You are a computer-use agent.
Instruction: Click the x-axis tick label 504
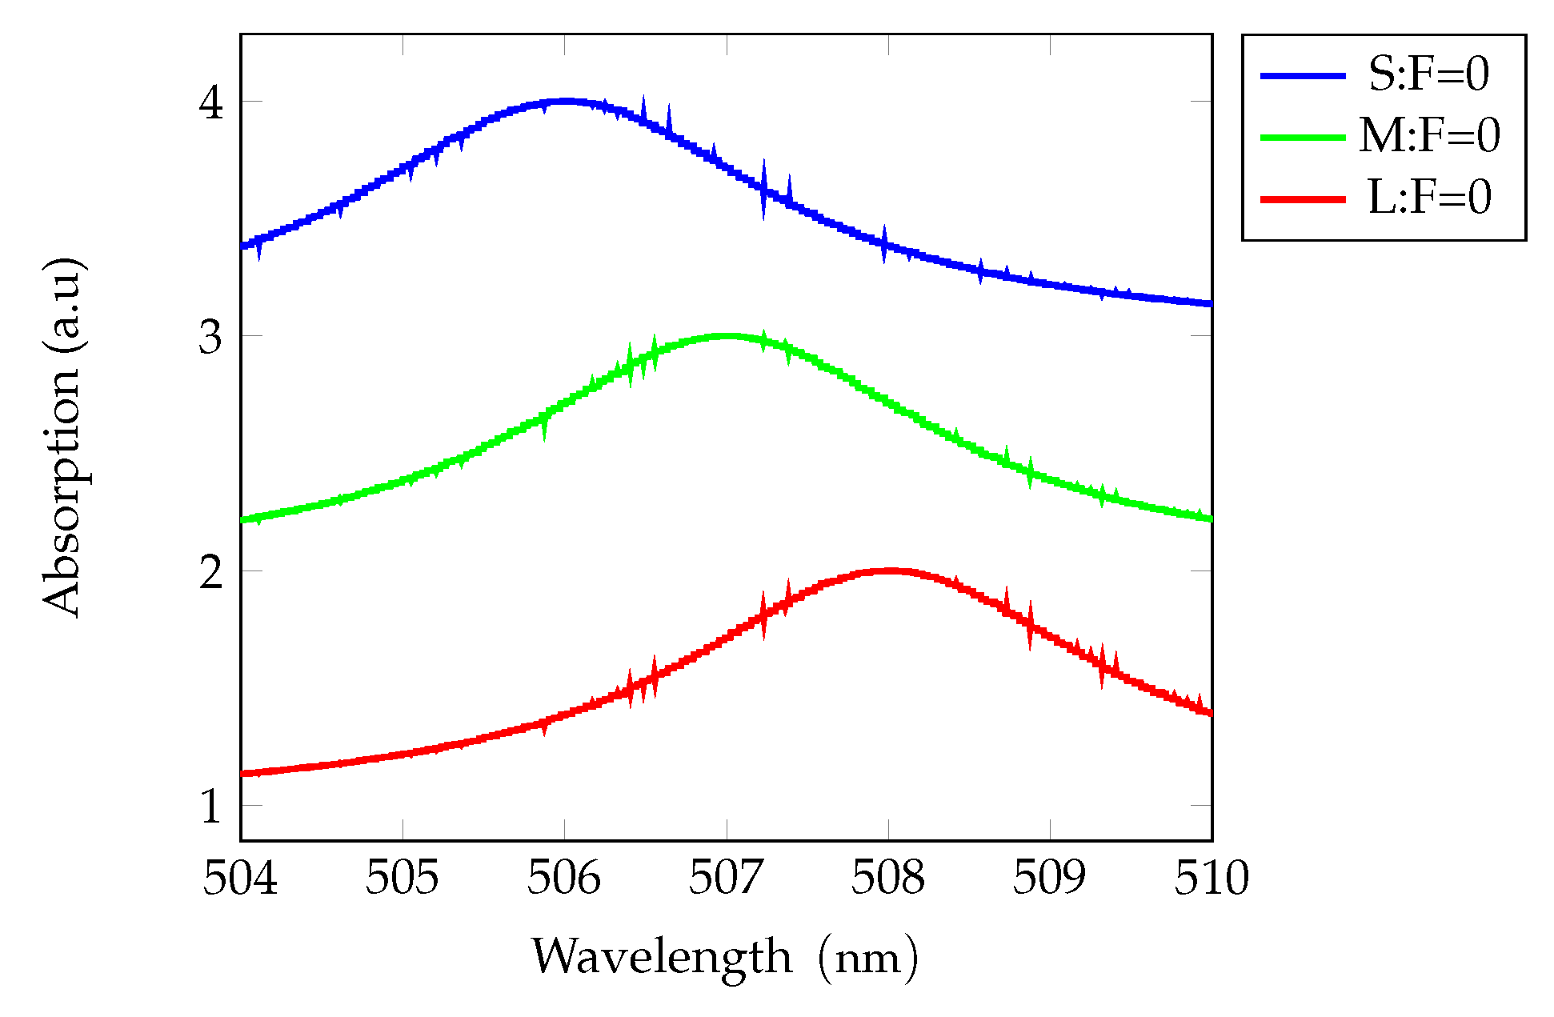(x=240, y=879)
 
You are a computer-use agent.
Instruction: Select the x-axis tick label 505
(x=403, y=879)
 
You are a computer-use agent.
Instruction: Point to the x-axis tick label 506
(x=564, y=879)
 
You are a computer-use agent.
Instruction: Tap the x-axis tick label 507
(x=727, y=879)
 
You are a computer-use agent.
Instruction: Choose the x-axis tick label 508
(x=888, y=879)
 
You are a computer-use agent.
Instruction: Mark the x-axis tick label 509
(x=1050, y=879)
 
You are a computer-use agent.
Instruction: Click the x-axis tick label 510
(x=1212, y=879)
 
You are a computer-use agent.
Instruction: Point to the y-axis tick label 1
(x=210, y=806)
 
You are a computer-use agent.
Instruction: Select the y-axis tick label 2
(x=210, y=571)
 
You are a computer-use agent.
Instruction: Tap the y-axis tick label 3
(x=210, y=336)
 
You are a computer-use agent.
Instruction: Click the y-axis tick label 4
(x=210, y=102)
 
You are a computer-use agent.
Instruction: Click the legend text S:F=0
(x=1429, y=74)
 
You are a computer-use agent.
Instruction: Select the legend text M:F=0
(x=1429, y=135)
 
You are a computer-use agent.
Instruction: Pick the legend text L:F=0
(x=1429, y=198)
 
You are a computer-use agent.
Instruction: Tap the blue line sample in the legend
(x=1303, y=75)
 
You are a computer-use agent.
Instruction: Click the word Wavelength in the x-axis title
(x=663, y=956)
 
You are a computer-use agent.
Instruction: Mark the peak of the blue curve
(x=566, y=101)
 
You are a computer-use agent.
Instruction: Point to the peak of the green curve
(x=727, y=336)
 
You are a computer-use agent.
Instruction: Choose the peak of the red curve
(x=889, y=571)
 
